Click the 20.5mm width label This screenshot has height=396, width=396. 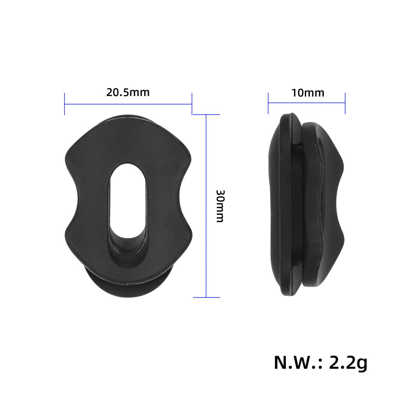[128, 92]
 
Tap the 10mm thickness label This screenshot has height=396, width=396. [308, 93]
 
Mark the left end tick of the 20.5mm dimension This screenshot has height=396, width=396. [65, 104]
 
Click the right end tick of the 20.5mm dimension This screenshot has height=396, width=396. [192, 104]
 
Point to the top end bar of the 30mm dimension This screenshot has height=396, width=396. [206, 115]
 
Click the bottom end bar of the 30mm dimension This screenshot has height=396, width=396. [206, 297]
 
